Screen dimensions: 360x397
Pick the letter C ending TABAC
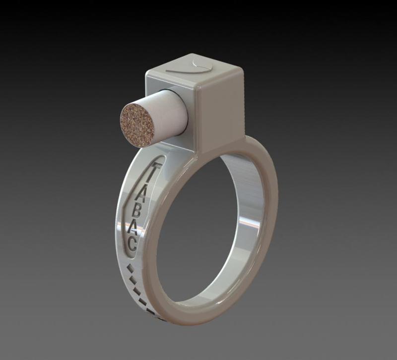[x=132, y=244]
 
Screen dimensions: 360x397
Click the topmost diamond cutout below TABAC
[x=131, y=269]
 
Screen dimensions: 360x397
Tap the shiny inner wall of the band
[x=248, y=223]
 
